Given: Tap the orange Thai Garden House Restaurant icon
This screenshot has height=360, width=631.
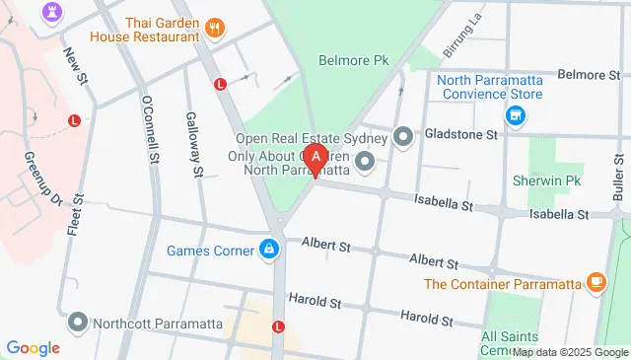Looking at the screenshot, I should (215, 28).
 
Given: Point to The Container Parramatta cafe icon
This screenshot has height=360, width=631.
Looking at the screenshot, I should (596, 283).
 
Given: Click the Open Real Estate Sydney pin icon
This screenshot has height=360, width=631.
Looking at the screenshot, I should (402, 136).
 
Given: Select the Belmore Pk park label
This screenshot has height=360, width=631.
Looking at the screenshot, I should (350, 60).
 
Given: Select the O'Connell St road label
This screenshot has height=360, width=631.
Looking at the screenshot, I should (151, 131).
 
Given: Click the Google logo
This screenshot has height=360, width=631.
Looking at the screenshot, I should (33, 348).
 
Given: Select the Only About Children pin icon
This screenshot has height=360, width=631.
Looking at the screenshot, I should (365, 160).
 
